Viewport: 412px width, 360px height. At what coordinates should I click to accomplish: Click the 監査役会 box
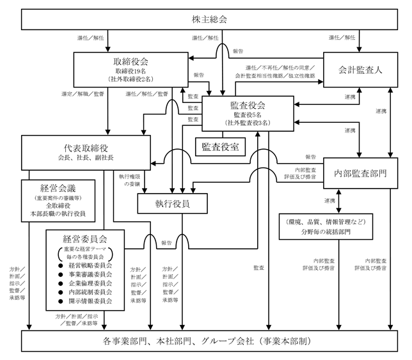click(247, 113)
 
